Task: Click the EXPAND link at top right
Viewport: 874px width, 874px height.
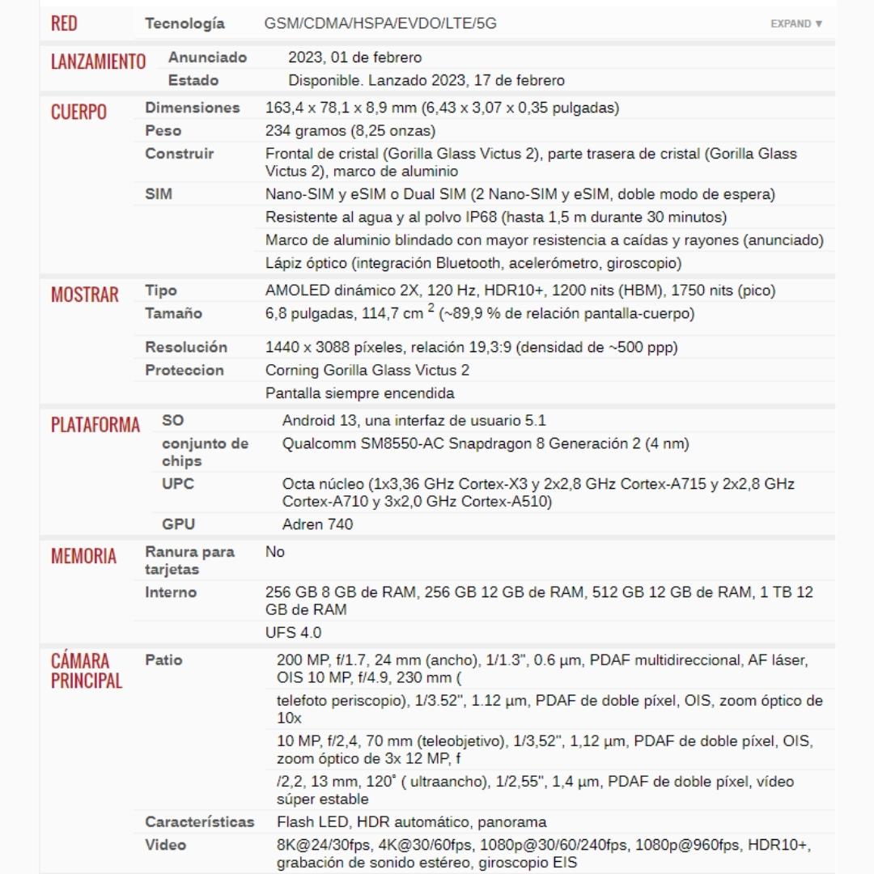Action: pyautogui.click(x=796, y=23)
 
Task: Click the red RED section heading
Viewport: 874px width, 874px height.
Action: pyautogui.click(x=64, y=23)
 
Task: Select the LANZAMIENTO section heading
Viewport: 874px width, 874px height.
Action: pyautogui.click(x=98, y=62)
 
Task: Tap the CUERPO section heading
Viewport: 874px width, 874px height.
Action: pyautogui.click(x=78, y=112)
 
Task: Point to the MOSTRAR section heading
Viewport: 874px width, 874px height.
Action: pyautogui.click(x=84, y=295)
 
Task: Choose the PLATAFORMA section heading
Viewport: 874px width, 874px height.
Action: pyautogui.click(x=95, y=425)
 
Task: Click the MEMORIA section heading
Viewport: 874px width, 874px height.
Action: pyautogui.click(x=83, y=556)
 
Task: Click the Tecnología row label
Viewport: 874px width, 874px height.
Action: pyautogui.click(x=185, y=23)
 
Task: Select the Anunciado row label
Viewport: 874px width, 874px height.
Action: pyautogui.click(x=207, y=57)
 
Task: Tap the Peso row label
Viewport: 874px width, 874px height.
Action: pyautogui.click(x=163, y=130)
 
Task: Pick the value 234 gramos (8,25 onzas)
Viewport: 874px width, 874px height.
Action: pyautogui.click(x=350, y=130)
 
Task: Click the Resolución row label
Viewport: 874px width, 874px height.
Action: pyautogui.click(x=186, y=347)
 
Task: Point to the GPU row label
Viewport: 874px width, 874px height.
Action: pyautogui.click(x=178, y=524)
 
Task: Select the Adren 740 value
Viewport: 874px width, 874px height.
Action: pyautogui.click(x=317, y=524)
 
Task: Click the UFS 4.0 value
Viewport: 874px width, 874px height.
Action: pyautogui.click(x=293, y=632)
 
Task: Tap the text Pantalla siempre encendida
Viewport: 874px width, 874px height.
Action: pyautogui.click(x=359, y=393)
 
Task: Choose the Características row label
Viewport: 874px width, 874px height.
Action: pyautogui.click(x=199, y=821)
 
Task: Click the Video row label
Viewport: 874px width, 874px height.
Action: pyautogui.click(x=165, y=845)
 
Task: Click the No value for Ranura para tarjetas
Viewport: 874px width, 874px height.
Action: pyautogui.click(x=275, y=552)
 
